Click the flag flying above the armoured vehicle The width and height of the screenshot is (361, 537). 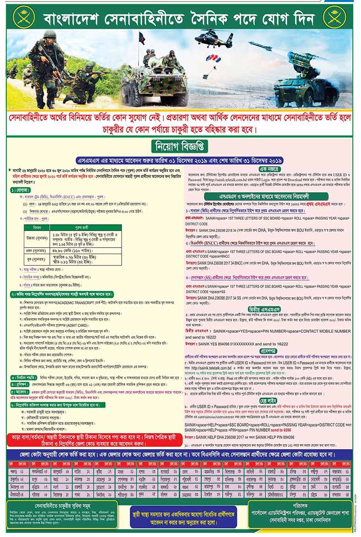point(142,38)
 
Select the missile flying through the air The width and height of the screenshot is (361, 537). point(260,46)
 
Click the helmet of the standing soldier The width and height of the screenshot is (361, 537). point(49,34)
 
